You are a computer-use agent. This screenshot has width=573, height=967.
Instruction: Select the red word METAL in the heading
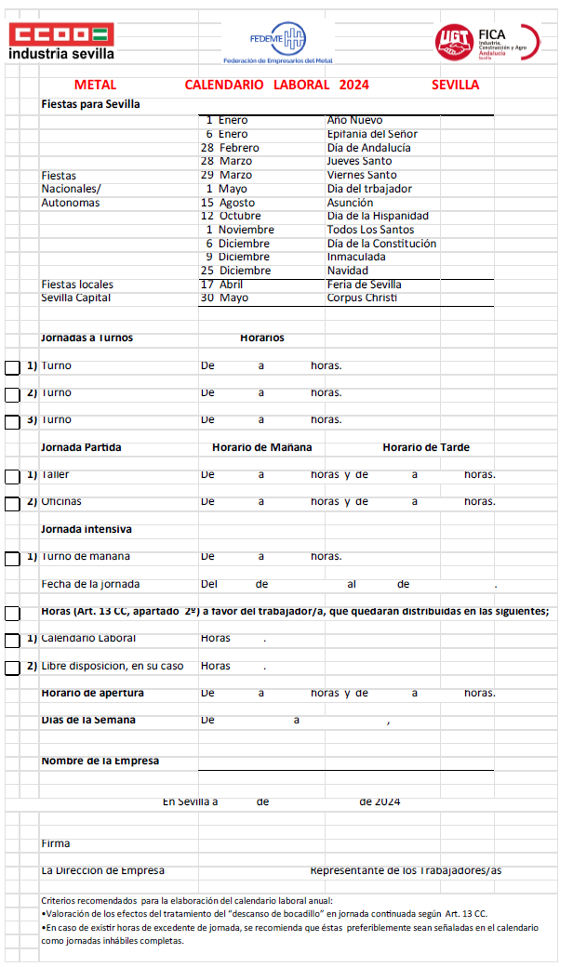[x=95, y=85]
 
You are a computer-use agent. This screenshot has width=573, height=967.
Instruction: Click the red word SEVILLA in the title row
[x=456, y=85]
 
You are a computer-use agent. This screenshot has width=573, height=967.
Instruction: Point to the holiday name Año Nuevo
[x=354, y=120]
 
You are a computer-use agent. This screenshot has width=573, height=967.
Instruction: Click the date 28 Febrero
[x=230, y=148]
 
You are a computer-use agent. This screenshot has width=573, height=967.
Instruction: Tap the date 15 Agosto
[x=228, y=203]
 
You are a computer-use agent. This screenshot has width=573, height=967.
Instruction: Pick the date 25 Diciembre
[x=235, y=271]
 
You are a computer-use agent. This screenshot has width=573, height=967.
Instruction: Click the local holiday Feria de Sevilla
[x=365, y=285]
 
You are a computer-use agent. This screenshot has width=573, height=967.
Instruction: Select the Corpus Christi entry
[x=362, y=298]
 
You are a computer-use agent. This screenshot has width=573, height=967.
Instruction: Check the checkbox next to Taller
[x=12, y=476]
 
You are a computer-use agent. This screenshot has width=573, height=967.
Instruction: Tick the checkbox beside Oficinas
[x=12, y=503]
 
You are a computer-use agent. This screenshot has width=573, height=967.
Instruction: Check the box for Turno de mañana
[x=12, y=558]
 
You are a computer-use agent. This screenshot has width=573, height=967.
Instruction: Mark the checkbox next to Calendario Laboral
[x=12, y=640]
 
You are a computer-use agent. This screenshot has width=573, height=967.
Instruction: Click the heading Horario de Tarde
[x=426, y=447]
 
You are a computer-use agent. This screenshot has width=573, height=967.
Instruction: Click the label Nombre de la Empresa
[x=100, y=761]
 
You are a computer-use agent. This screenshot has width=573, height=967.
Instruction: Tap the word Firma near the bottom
[x=56, y=843]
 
